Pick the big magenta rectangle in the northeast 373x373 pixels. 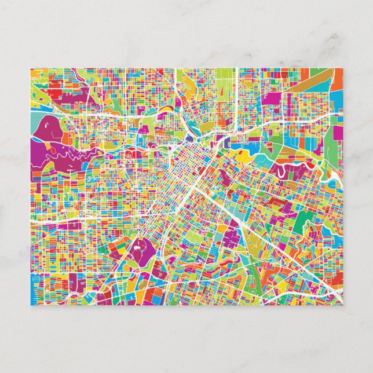click(271, 98)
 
